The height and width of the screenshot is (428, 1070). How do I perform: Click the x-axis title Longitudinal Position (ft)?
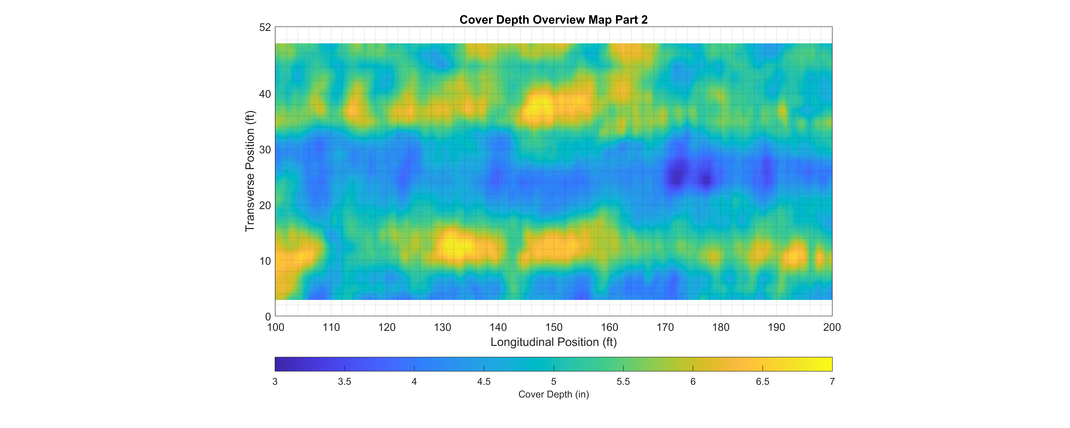553,342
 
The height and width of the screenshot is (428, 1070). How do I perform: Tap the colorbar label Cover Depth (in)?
553,394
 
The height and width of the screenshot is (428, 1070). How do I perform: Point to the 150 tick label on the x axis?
554,327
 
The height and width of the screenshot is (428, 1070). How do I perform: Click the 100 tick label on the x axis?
275,327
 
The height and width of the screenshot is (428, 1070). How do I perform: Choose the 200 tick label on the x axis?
832,327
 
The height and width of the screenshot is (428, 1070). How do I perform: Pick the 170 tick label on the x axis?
665,327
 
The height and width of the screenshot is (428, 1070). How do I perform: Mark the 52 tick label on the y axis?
265,27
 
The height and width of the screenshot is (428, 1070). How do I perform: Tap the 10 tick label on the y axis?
265,261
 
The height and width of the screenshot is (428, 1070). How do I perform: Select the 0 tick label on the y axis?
268,317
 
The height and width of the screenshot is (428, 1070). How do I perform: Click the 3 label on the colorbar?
275,381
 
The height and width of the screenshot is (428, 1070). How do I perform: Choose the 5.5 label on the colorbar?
623,381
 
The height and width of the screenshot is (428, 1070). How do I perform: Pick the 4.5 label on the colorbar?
484,381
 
